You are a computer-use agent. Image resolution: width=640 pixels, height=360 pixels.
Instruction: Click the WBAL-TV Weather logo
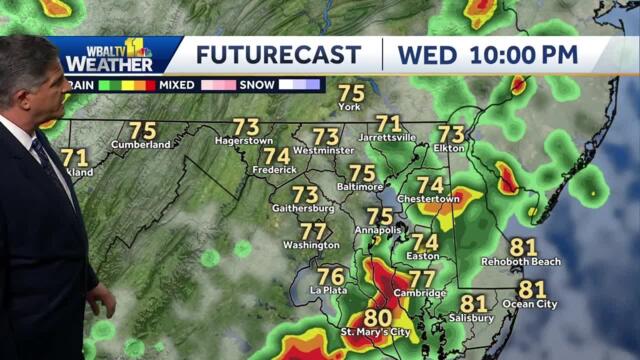[x=112, y=55]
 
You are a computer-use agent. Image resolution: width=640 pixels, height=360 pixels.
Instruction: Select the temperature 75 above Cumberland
[x=142, y=131]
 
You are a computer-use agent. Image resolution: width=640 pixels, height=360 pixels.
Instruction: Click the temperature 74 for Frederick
[x=276, y=157]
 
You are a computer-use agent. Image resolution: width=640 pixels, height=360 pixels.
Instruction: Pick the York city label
[x=349, y=106]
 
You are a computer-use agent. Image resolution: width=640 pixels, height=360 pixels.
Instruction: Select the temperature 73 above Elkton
[x=452, y=133]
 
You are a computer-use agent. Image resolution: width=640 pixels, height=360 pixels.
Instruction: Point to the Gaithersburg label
[x=303, y=209]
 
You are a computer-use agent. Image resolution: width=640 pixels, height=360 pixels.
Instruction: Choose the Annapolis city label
[x=378, y=230]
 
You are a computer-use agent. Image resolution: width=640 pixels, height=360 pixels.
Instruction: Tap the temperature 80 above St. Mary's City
[x=377, y=317]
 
